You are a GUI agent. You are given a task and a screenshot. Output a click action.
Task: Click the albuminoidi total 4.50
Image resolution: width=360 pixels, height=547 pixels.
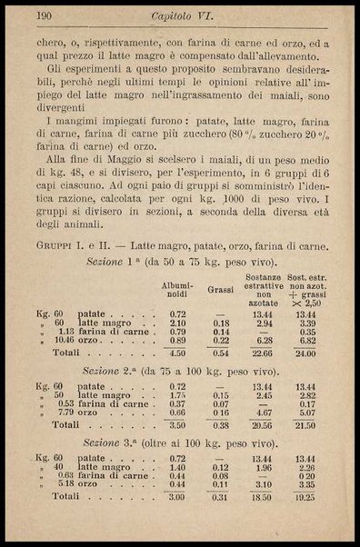tap(178, 353)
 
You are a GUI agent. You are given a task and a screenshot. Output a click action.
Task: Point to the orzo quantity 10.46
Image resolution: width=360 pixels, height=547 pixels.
tap(64, 340)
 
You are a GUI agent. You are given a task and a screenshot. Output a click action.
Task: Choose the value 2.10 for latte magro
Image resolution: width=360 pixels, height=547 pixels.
tap(178, 322)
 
